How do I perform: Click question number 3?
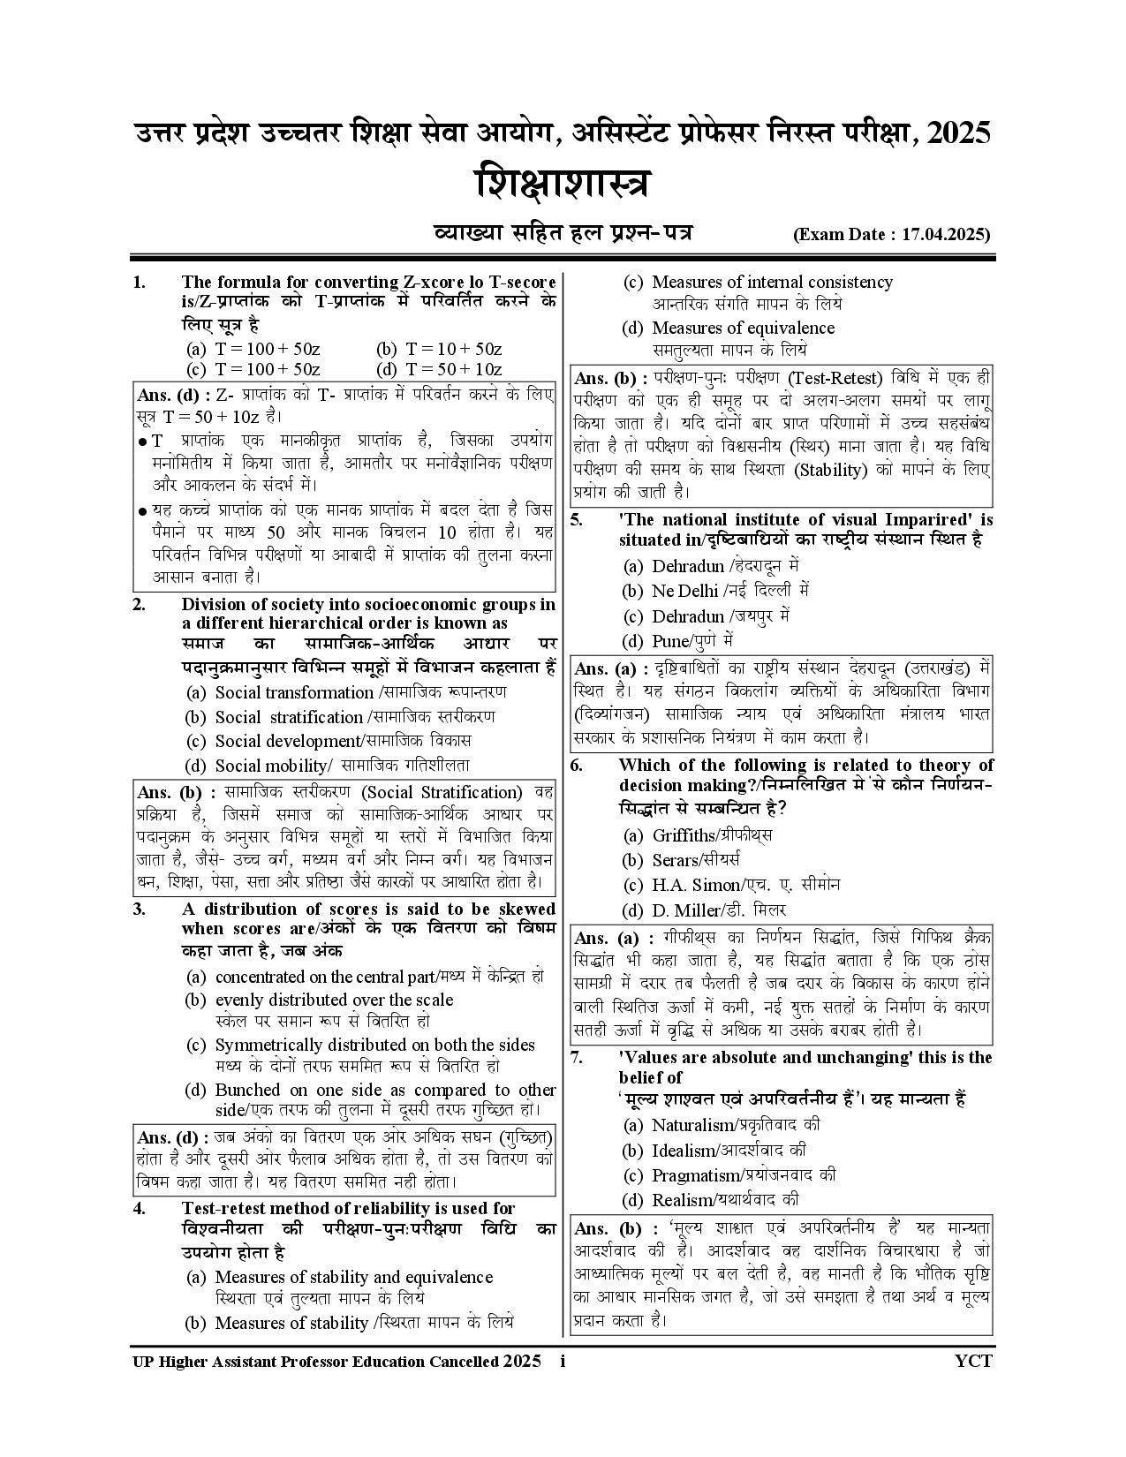[140, 909]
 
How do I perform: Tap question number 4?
[140, 1208]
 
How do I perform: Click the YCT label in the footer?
[973, 1361]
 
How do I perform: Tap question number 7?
[577, 1057]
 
